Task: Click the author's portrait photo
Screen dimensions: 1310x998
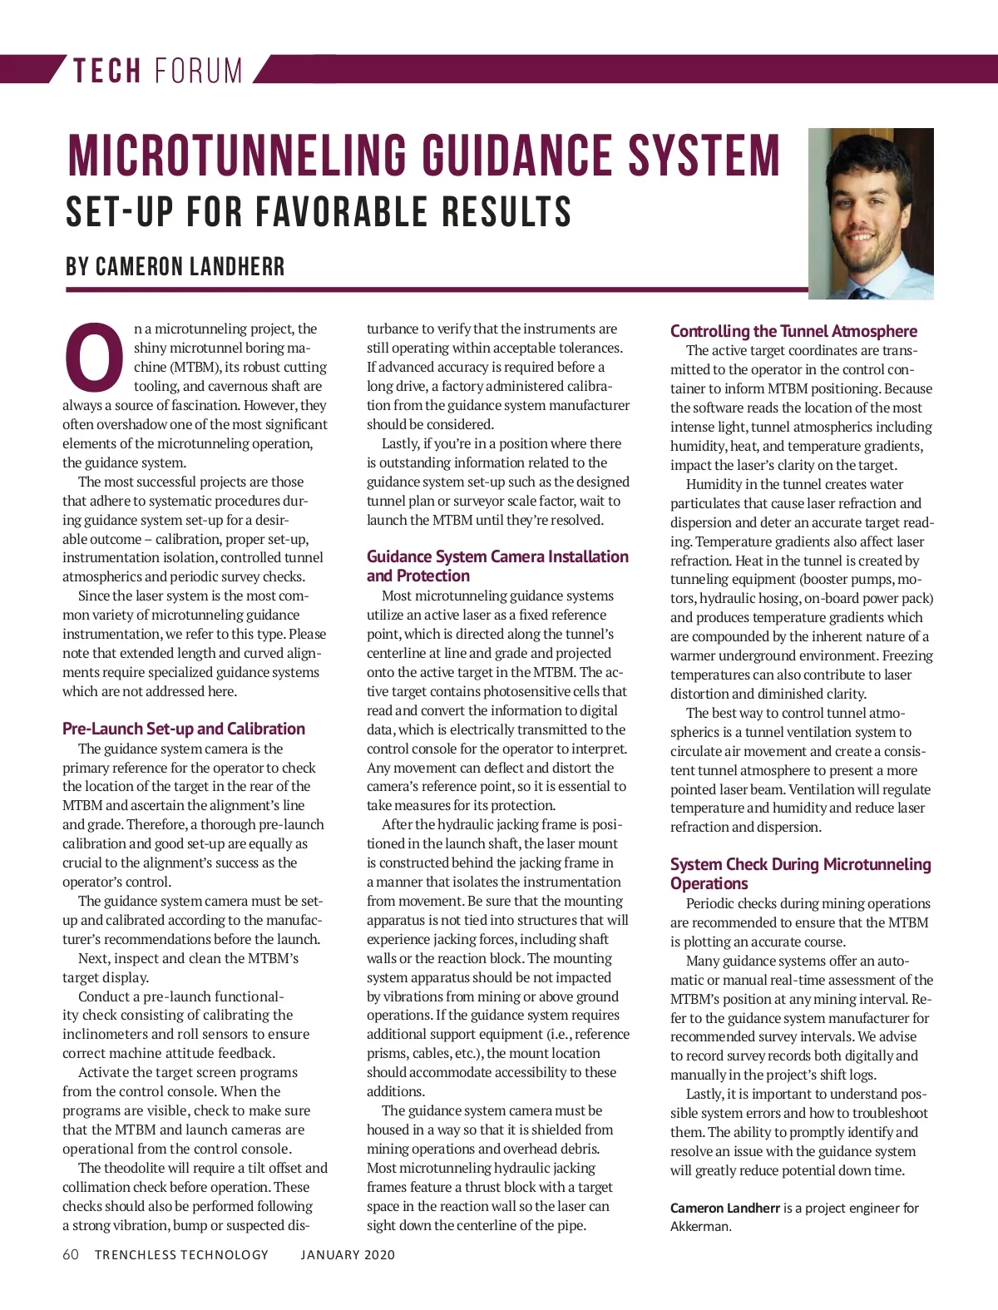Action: tap(871, 213)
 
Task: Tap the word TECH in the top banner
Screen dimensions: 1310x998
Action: tap(106, 71)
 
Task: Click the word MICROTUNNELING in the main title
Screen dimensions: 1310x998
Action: tap(237, 156)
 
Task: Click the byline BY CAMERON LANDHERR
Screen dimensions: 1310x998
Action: tap(175, 267)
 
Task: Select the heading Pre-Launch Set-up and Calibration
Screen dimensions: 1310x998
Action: tap(184, 729)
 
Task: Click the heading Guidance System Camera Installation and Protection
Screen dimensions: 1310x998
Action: tap(497, 566)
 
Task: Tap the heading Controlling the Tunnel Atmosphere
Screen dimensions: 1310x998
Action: tap(793, 331)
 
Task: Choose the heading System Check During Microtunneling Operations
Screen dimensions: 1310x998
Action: tap(800, 873)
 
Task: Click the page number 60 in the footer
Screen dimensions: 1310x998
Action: tap(71, 1254)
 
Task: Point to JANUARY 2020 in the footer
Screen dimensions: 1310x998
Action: tap(348, 1254)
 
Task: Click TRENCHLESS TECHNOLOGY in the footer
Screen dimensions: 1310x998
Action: tap(181, 1254)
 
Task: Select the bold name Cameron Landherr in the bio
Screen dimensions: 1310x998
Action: tap(724, 1208)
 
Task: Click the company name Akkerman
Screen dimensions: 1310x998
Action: tap(700, 1226)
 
